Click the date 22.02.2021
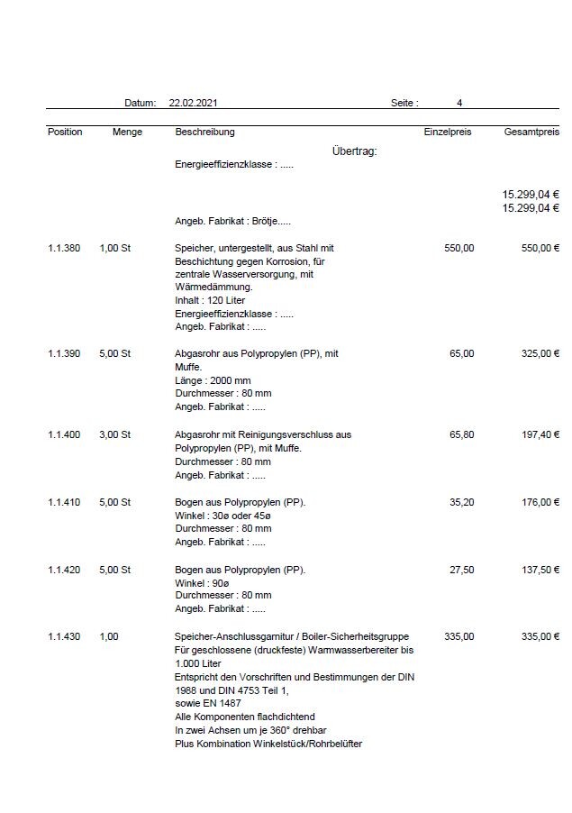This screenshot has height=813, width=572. coord(192,104)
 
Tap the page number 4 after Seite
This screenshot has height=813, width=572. coord(459,104)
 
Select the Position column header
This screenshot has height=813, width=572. coord(65,132)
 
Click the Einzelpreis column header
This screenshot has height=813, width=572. coord(448,132)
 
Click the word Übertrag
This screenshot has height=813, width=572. coord(354,151)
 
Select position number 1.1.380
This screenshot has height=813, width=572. coord(64,248)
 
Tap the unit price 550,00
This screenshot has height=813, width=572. coord(459,248)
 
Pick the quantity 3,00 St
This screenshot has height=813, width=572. coord(115,434)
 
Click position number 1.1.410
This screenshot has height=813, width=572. coord(64,502)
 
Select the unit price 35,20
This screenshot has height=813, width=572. coord(461,502)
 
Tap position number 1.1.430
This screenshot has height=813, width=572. coord(64,636)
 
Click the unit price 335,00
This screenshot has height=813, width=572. coord(459,636)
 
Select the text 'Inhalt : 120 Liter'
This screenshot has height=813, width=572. coord(210,300)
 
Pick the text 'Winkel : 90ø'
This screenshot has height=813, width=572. coord(203,582)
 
